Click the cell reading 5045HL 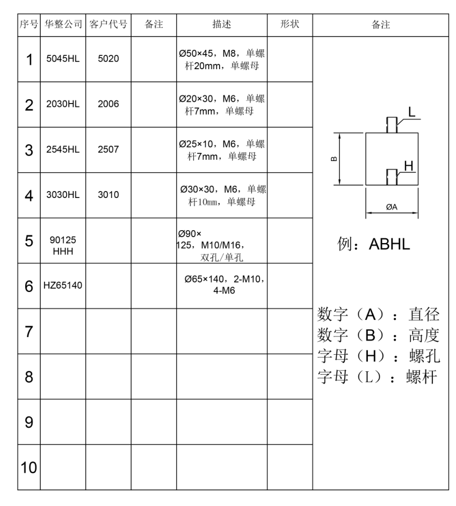pos(63,60)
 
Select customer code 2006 pos(108,105)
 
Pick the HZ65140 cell pos(63,286)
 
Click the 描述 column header pos(222,25)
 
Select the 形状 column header pos(289,25)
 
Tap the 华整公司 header pos(63,25)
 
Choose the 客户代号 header pos(108,25)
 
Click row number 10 pos(28,467)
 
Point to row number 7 pos(28,332)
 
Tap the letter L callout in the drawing pos(411,112)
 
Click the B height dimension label pos(333,159)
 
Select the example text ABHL pos(389,244)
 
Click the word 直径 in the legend pos(424,313)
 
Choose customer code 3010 pos(108,195)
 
